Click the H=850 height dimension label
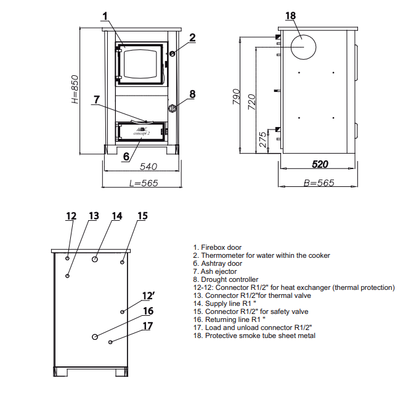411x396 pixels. tap(75, 89)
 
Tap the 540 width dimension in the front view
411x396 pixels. tap(149, 167)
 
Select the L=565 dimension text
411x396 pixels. tap(144, 183)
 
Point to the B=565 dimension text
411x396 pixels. tap(319, 183)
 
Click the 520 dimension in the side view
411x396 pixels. tap(320, 164)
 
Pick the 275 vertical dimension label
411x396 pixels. tap(262, 139)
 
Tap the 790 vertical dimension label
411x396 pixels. tap(236, 97)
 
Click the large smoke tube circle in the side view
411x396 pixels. tap(303, 47)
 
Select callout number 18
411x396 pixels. tap(290, 16)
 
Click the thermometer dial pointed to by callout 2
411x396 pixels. tap(172, 54)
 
